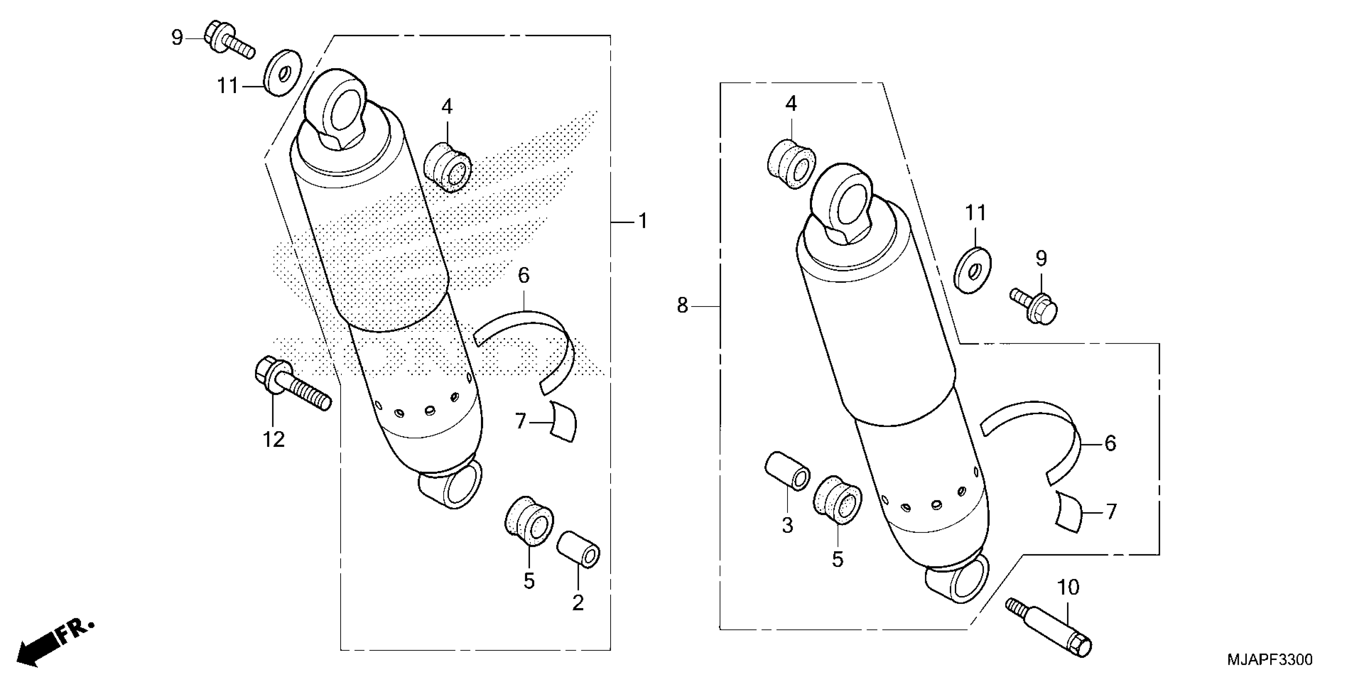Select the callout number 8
(x=682, y=306)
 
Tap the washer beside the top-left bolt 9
(x=282, y=73)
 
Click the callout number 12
(x=274, y=439)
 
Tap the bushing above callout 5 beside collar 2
(x=528, y=521)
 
